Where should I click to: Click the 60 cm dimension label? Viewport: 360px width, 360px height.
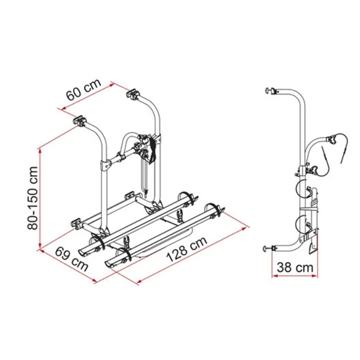tap(84, 90)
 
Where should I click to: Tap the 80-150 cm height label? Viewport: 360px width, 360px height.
tap(32, 198)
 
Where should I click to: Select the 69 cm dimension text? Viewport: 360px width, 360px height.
tap(72, 259)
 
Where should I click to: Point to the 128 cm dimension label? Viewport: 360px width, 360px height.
tap(187, 249)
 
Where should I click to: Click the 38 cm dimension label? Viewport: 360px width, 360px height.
tap(295, 267)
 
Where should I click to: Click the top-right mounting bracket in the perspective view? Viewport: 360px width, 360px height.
tap(133, 94)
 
